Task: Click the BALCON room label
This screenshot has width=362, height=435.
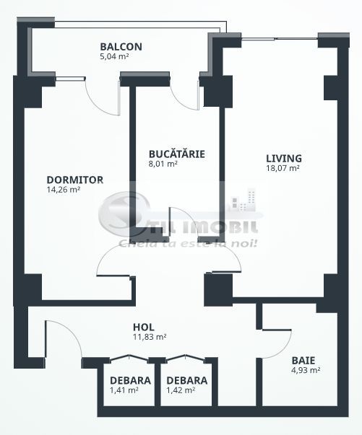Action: [121, 48]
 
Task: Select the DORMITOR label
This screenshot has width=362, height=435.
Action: [75, 180]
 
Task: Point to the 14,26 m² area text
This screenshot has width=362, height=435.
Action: [63, 190]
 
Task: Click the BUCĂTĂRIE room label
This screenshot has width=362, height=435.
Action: [176, 154]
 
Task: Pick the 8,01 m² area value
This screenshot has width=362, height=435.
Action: [163, 164]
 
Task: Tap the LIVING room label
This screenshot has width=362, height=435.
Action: [283, 159]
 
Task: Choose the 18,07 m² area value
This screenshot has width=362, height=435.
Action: [283, 169]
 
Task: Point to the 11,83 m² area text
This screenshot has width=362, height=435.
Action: [150, 337]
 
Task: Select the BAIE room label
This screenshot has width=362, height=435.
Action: [303, 360]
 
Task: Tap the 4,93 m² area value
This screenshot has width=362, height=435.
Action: [306, 370]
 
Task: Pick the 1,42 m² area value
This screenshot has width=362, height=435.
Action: [181, 390]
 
